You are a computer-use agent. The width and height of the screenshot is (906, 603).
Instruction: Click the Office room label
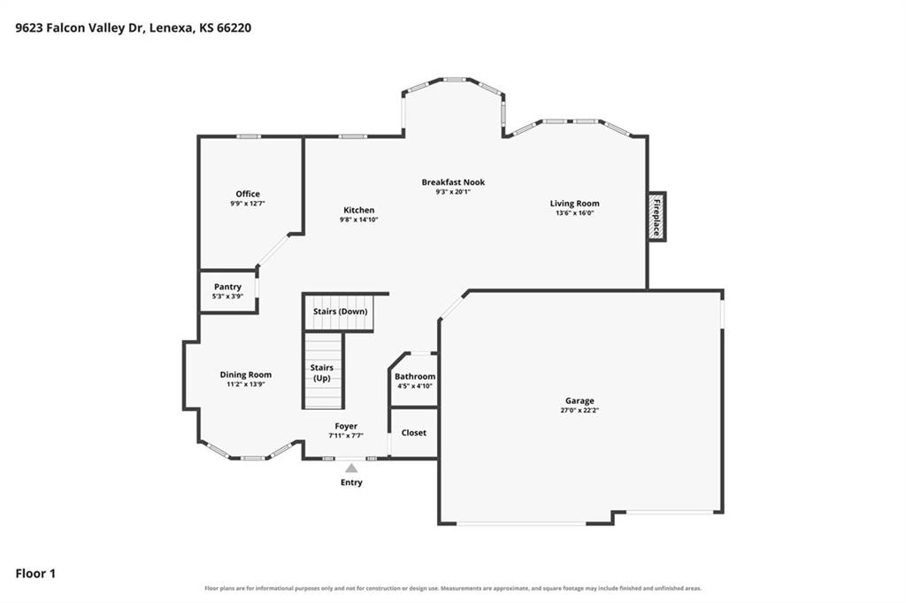(x=248, y=194)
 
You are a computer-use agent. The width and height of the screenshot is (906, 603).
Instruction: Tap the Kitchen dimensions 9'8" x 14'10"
(x=359, y=220)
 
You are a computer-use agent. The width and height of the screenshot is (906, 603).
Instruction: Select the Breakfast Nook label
(x=453, y=182)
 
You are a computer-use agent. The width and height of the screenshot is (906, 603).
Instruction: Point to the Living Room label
(x=574, y=204)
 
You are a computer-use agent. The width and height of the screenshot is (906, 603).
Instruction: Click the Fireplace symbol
(x=656, y=216)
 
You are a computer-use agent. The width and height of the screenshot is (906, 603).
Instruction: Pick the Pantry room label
(x=227, y=287)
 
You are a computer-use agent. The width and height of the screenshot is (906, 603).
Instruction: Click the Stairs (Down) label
(x=341, y=311)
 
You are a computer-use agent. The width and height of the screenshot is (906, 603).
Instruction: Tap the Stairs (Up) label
(x=322, y=372)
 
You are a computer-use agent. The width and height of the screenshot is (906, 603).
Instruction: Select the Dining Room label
(x=246, y=375)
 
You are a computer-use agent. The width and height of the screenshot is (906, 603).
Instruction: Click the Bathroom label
(x=415, y=376)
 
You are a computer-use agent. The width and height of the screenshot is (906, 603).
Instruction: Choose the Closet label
(x=414, y=432)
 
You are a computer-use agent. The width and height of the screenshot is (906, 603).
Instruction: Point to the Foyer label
(x=346, y=426)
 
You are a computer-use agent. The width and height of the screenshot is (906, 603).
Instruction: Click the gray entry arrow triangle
(x=351, y=468)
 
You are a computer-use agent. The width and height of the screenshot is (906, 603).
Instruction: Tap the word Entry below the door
(x=351, y=483)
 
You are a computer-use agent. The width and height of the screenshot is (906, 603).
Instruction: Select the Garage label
(x=580, y=400)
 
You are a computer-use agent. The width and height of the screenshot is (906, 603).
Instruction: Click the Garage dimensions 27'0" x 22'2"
(x=580, y=411)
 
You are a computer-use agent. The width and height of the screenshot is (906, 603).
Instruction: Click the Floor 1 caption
(x=35, y=574)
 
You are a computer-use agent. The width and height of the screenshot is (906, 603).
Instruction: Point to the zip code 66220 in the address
(x=234, y=27)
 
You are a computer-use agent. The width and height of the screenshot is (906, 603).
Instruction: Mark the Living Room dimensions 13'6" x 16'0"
(x=575, y=213)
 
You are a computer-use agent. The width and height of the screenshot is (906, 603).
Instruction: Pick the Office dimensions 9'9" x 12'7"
(x=248, y=204)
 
